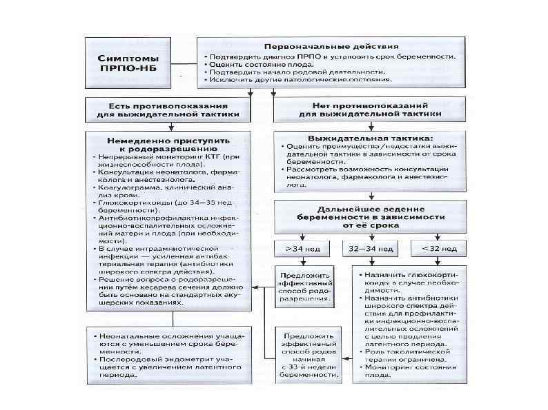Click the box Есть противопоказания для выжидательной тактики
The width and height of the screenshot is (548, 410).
pyautogui.click(x=170, y=110)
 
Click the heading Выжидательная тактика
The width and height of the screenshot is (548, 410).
pyautogui.click(x=366, y=138)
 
